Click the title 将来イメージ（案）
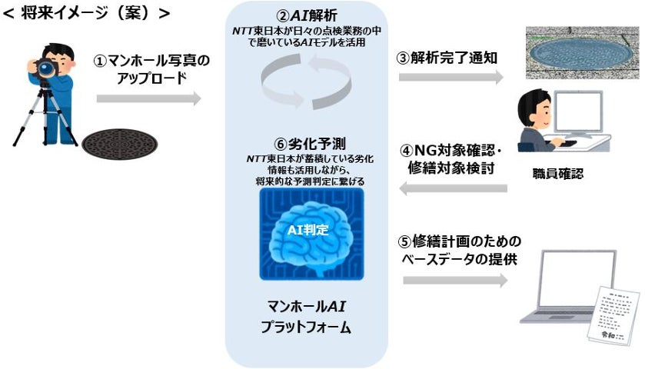pyautogui.click(x=86, y=13)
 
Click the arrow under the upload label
pyautogui.click(x=148, y=98)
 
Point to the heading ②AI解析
pyautogui.click(x=308, y=15)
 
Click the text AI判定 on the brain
pyautogui.click(x=308, y=230)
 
